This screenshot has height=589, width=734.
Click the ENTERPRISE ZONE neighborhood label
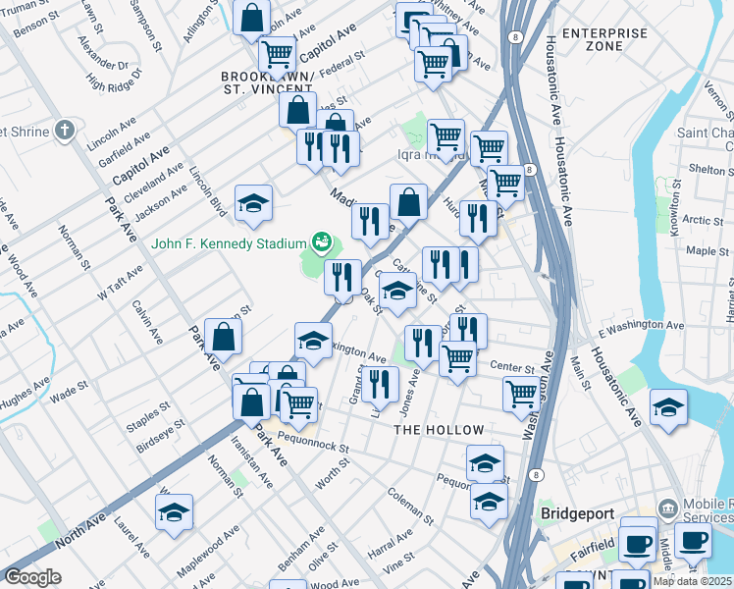click(x=605, y=39)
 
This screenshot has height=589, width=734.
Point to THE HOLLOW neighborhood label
click(x=439, y=430)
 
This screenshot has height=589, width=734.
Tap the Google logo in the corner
click(x=32, y=577)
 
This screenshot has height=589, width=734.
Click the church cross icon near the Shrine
click(x=65, y=130)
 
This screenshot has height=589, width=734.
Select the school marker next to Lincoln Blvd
click(x=253, y=204)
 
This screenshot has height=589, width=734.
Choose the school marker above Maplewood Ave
click(x=174, y=513)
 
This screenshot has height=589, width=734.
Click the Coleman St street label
click(x=409, y=505)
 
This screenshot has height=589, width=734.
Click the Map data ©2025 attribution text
click(x=692, y=580)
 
